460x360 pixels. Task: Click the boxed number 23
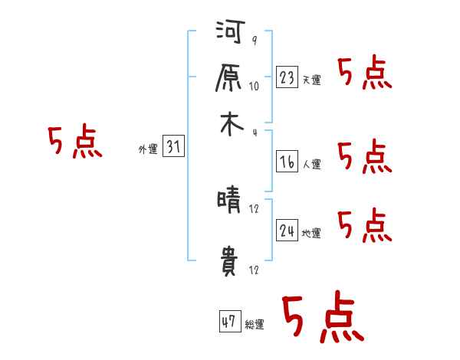(x=287, y=77)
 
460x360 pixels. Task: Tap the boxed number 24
(x=287, y=230)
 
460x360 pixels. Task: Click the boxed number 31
(x=173, y=147)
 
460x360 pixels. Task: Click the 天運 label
(x=311, y=80)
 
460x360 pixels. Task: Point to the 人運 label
(x=311, y=163)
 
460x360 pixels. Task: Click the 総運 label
(x=255, y=325)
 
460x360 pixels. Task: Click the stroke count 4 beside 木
(x=254, y=131)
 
